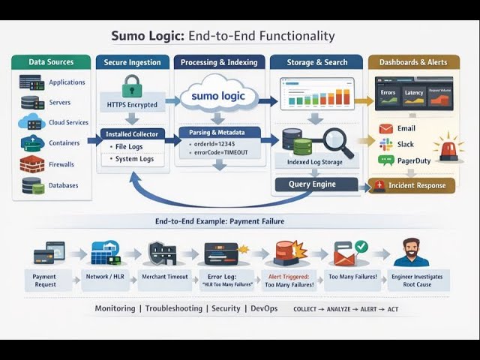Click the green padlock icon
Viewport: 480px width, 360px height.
point(131,84)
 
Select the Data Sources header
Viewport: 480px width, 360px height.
point(51,62)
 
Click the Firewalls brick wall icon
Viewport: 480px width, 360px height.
point(31,164)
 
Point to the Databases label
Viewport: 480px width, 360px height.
point(64,184)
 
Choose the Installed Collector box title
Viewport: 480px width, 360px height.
point(132,133)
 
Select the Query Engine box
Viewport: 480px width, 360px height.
point(312,184)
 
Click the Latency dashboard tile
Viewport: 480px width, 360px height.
point(413,93)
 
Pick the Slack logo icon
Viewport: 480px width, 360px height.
point(385,144)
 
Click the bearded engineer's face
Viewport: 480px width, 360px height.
point(410,249)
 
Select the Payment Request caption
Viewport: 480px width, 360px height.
point(44,280)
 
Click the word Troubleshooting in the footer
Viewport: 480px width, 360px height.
point(173,308)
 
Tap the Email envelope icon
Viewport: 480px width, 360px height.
point(385,128)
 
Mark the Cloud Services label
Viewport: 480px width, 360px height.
point(69,123)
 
